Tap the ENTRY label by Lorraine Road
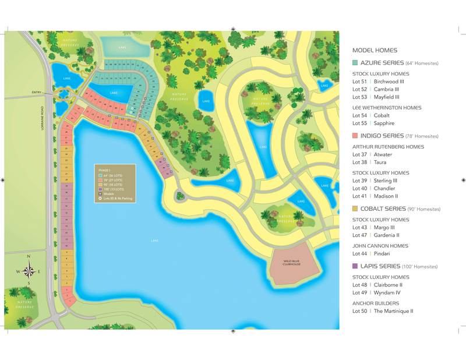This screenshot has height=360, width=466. point(37,92)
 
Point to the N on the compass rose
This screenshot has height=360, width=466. point(29,257)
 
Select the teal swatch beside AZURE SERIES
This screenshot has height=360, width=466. point(355,62)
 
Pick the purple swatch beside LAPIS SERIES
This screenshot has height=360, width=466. point(355,266)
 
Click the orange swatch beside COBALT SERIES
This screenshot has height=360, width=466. point(355,209)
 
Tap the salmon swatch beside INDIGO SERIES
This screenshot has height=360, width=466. point(355,136)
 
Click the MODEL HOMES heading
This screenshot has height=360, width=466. point(375,51)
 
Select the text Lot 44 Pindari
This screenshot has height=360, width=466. point(372,254)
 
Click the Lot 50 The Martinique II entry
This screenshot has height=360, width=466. point(383,311)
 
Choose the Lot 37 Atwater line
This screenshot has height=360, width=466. point(372,155)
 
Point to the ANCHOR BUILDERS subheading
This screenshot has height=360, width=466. point(376,303)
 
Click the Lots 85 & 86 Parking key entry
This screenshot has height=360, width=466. point(118,199)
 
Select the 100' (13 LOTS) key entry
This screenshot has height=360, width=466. point(113,189)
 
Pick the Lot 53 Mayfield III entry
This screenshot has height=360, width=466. point(376,97)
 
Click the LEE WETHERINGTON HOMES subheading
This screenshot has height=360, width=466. point(387,108)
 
